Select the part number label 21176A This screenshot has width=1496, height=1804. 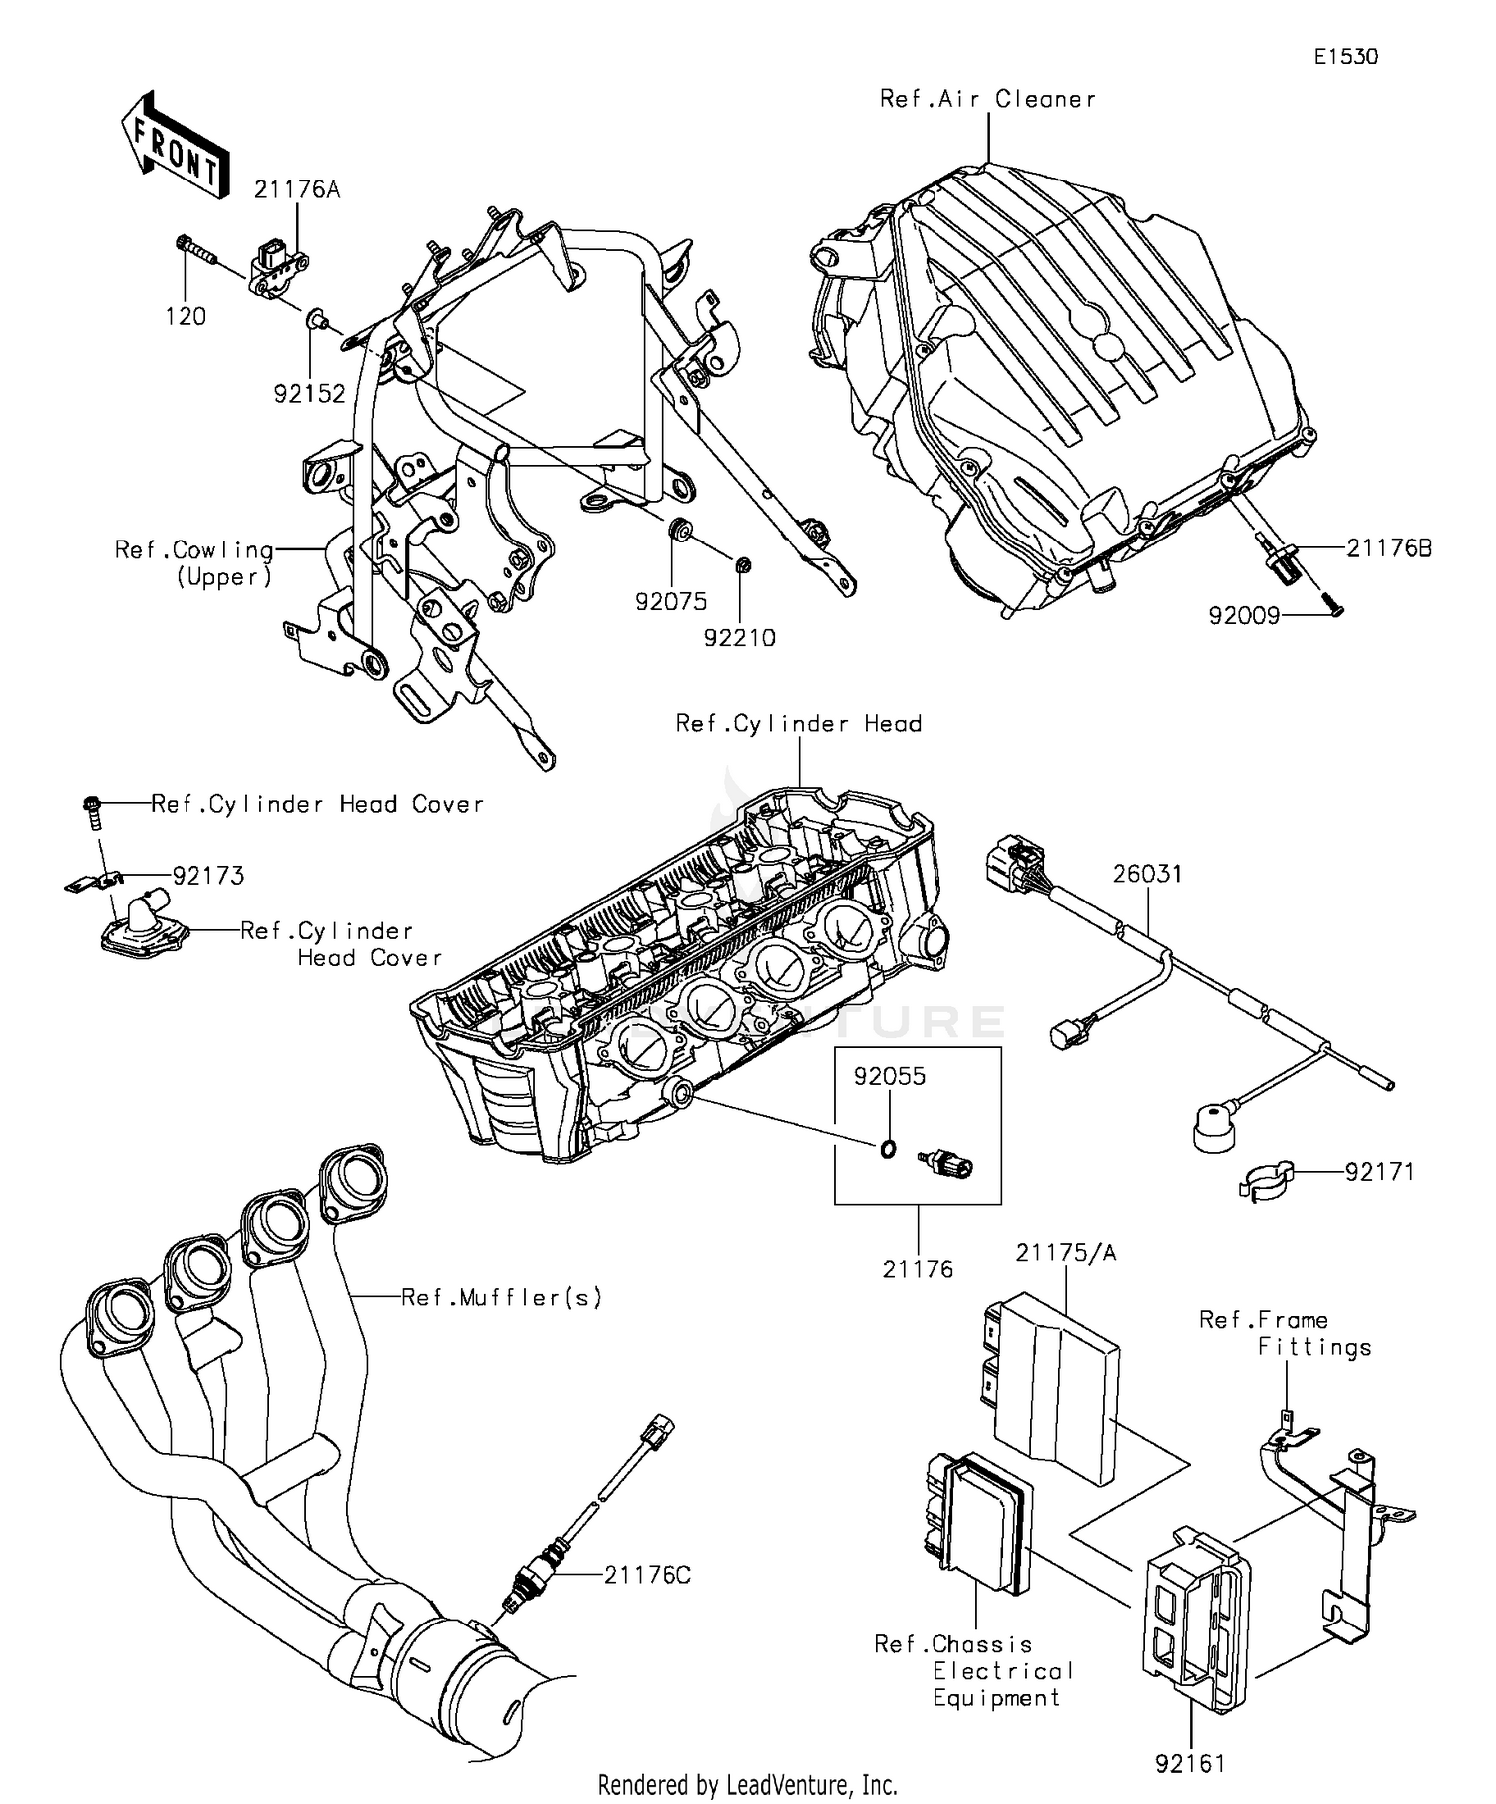coord(296,189)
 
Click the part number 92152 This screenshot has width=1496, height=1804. coord(309,394)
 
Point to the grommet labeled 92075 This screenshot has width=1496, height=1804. coord(681,530)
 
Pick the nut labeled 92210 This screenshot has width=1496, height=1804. coord(742,566)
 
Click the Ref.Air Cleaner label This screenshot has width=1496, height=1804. coord(986,99)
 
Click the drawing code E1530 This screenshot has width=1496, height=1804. coord(1344,57)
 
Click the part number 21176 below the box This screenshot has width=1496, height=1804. coord(918,1269)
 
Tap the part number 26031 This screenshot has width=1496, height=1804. coord(1147,874)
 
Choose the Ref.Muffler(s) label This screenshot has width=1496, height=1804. coord(501,1297)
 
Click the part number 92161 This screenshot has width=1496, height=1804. coord(1190,1764)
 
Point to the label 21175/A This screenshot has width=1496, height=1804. coord(1065,1253)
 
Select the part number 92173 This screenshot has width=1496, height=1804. coord(207,876)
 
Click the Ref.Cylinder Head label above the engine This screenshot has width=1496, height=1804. coord(798,724)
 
